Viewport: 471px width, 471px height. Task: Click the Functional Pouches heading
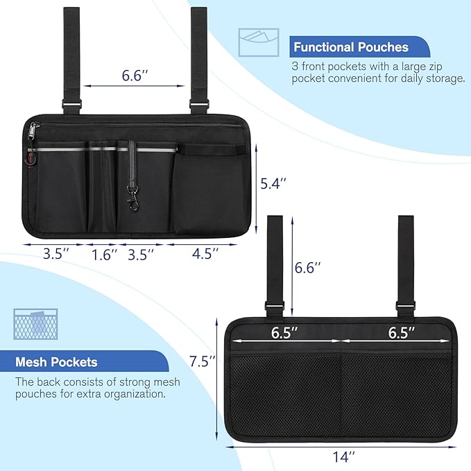[350, 48]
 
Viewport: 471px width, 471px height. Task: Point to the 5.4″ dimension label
[272, 184]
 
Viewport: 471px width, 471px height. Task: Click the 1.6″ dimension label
[105, 254]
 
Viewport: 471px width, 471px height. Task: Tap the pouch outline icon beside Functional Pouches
[258, 43]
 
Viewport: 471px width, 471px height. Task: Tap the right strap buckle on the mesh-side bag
[402, 306]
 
